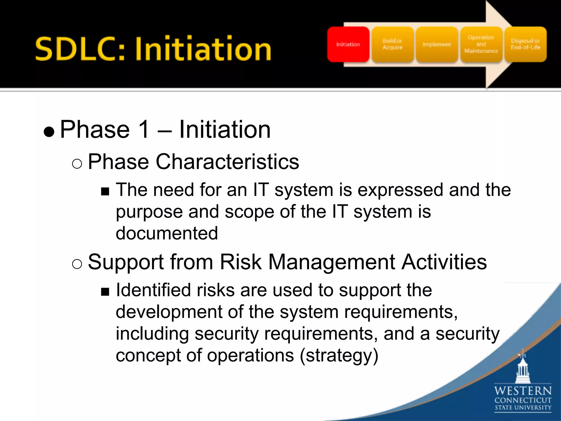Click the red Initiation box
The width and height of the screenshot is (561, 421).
coord(348,44)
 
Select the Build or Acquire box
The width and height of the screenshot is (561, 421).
coord(392,44)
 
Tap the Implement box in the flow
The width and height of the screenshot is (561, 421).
coord(437,44)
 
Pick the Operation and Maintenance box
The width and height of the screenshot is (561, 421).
coord(481,44)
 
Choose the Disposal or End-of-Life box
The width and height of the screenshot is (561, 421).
coord(525,44)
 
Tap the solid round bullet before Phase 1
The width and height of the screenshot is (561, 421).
coord(49,132)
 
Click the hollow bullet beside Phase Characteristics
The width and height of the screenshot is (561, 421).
coord(77,164)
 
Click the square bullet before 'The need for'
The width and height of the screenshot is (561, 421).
coord(105,191)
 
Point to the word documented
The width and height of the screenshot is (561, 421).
coord(167,233)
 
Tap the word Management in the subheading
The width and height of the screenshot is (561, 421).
coord(331,262)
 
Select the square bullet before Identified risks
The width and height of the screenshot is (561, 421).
coord(105,292)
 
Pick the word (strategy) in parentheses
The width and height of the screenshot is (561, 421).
coord(339,355)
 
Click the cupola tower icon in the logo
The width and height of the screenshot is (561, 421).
coord(523,367)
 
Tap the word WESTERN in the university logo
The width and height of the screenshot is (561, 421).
coord(523,391)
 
